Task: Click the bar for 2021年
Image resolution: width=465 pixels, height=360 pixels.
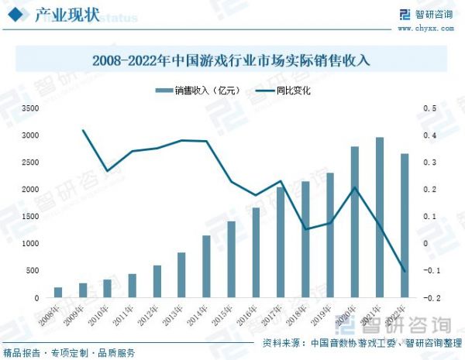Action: click(380, 218)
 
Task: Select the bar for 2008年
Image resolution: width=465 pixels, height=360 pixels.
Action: click(58, 293)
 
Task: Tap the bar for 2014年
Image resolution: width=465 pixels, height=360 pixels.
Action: click(206, 266)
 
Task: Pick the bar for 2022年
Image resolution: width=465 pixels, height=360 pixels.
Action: click(405, 225)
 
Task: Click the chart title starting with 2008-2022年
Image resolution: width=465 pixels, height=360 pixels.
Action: click(232, 60)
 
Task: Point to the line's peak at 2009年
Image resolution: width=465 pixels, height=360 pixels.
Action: click(83, 130)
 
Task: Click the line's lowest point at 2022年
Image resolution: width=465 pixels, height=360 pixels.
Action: click(405, 271)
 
